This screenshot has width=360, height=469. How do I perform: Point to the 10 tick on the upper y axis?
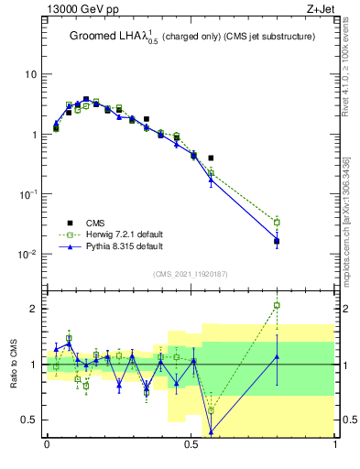click(x=30, y=74)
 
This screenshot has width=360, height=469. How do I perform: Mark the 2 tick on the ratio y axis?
click(x=35, y=309)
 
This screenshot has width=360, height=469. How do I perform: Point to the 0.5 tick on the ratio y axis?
click(x=29, y=420)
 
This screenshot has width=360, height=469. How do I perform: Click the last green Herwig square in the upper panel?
click(x=277, y=222)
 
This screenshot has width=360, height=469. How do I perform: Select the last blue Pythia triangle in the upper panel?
click(x=277, y=241)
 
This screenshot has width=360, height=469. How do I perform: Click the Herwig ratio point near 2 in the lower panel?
click(x=277, y=305)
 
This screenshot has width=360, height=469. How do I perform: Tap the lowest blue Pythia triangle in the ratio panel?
click(x=212, y=431)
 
